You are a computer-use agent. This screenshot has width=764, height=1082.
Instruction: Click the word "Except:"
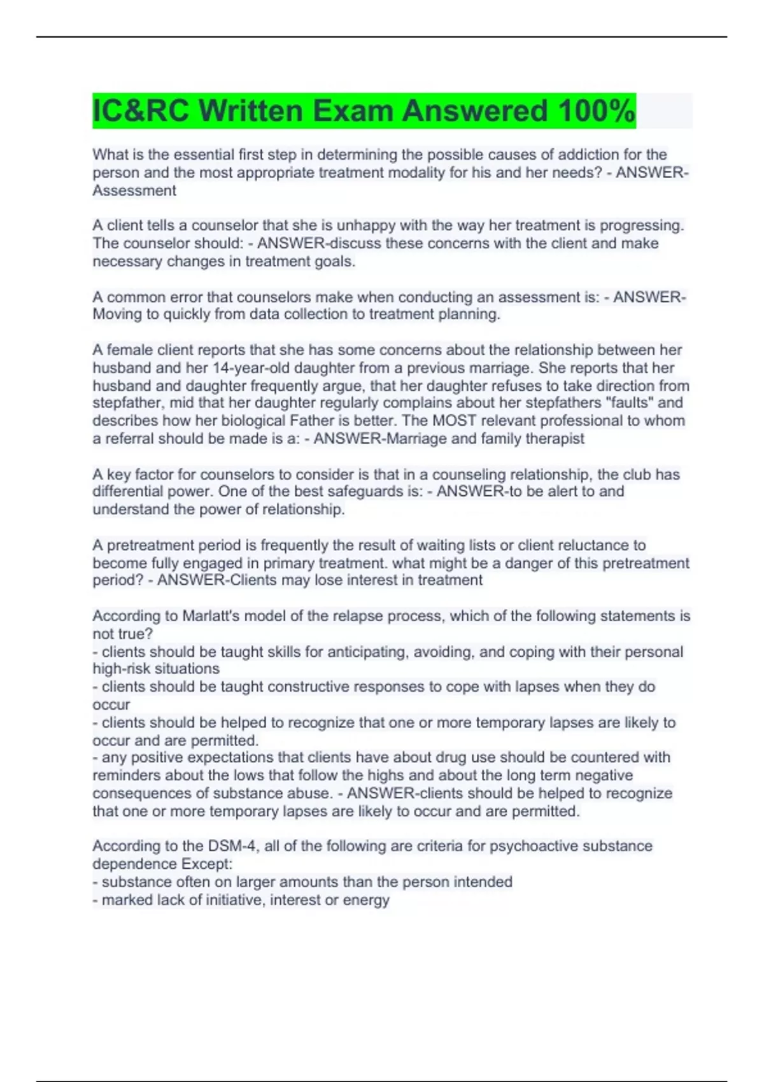[207, 864]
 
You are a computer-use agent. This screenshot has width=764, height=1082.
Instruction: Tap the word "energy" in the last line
[369, 900]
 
